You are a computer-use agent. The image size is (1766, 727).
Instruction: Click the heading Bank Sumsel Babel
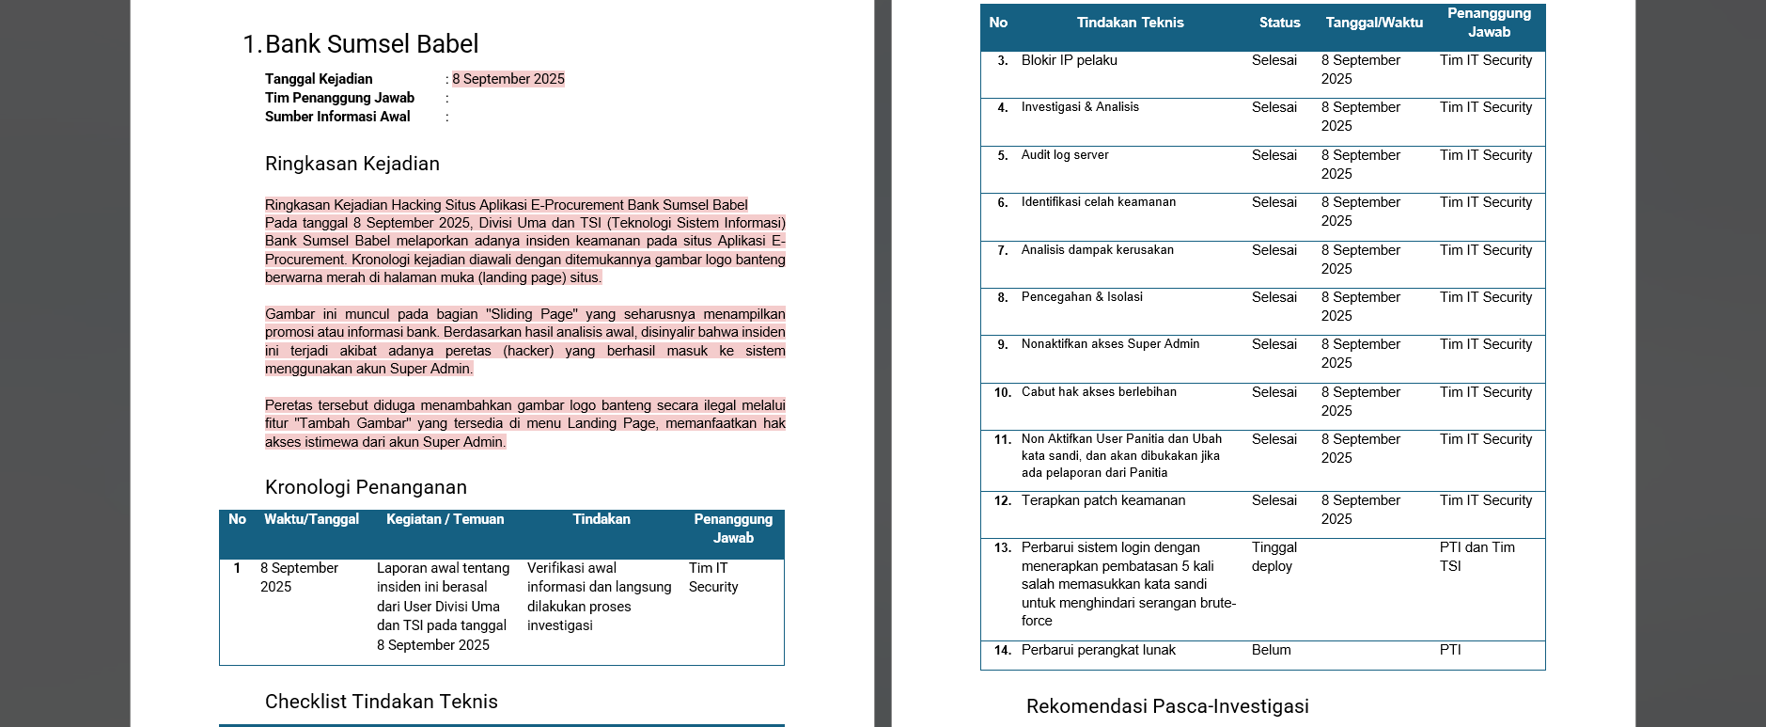(x=371, y=44)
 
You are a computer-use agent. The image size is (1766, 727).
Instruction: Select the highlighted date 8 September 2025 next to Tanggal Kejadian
(x=508, y=79)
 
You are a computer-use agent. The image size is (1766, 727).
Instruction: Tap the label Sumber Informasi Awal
(x=337, y=117)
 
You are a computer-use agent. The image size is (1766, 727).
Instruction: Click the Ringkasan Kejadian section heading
(x=352, y=164)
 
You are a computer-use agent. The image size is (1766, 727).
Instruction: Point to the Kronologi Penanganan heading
(x=366, y=487)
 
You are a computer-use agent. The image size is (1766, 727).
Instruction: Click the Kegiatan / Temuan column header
(x=445, y=519)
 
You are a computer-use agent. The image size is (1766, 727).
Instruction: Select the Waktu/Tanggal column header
(x=311, y=519)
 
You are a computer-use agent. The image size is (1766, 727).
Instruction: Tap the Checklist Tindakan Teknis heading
(x=381, y=702)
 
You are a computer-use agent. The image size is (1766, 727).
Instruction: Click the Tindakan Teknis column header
(x=1130, y=23)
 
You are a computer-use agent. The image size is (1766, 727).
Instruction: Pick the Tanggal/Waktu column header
(x=1374, y=23)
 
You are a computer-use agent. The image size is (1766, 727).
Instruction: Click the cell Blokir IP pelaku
(x=1069, y=60)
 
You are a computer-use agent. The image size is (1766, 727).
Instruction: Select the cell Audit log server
(x=1065, y=155)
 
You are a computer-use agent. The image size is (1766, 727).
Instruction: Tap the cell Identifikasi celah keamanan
(x=1098, y=202)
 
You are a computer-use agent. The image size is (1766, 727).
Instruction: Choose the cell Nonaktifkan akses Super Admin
(x=1110, y=344)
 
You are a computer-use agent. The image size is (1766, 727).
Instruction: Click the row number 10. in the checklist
(x=1002, y=392)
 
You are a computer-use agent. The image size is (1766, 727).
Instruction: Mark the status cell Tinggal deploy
(x=1274, y=557)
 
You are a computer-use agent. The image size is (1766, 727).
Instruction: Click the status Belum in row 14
(x=1271, y=650)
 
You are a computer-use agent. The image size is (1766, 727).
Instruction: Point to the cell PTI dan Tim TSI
(x=1477, y=557)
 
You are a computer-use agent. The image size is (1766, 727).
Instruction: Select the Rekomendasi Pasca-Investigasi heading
(x=1167, y=706)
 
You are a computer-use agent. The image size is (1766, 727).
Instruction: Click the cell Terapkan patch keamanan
(x=1102, y=500)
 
